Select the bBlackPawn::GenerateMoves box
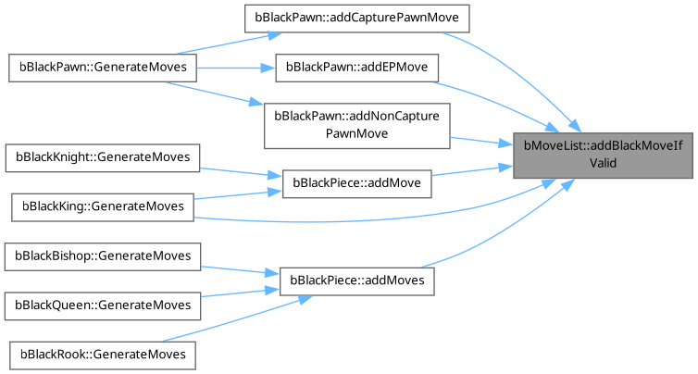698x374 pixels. click(x=100, y=68)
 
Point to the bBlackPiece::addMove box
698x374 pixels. click(x=356, y=183)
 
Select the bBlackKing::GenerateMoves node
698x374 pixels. click(x=100, y=205)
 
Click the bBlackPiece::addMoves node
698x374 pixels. click(x=356, y=279)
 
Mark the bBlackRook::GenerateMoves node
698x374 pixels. click(x=100, y=354)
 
